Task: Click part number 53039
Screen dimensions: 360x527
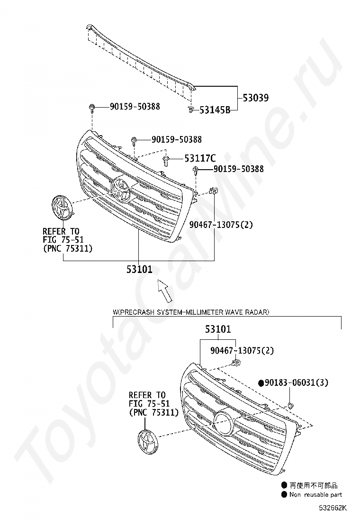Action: (x=256, y=98)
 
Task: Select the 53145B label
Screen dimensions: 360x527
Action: (x=215, y=110)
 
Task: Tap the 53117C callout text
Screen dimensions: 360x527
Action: (x=200, y=158)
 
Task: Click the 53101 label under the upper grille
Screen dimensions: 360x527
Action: (x=139, y=269)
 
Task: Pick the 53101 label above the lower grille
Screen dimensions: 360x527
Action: (x=218, y=329)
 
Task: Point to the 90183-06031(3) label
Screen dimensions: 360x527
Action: (x=296, y=382)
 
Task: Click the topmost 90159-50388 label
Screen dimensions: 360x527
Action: (x=135, y=107)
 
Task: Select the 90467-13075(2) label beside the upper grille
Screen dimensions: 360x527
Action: (x=221, y=224)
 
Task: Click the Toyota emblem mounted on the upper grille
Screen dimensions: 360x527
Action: (x=121, y=190)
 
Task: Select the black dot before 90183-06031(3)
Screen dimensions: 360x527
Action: (x=261, y=382)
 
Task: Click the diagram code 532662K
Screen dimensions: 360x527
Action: (x=333, y=508)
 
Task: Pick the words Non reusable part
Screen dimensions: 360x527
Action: (x=316, y=494)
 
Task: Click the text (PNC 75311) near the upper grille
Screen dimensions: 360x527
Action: (x=67, y=248)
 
